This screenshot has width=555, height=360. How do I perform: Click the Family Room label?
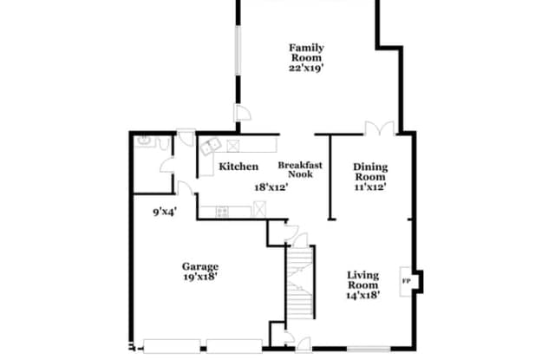pyautogui.click(x=306, y=53)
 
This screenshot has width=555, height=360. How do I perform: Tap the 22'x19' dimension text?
pyautogui.click(x=306, y=68)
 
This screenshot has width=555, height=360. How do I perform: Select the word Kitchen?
pyautogui.click(x=238, y=167)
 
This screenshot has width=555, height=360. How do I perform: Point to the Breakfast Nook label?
pyautogui.click(x=300, y=169)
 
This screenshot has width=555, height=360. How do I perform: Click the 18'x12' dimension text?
pyautogui.click(x=271, y=187)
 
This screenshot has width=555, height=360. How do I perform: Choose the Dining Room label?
pyautogui.click(x=370, y=172)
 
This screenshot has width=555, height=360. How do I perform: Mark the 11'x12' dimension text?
pyautogui.click(x=370, y=187)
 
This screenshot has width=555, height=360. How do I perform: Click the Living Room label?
pyautogui.click(x=363, y=280)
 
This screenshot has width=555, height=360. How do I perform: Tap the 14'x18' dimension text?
pyautogui.click(x=363, y=295)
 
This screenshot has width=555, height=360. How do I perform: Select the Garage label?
pyautogui.click(x=200, y=266)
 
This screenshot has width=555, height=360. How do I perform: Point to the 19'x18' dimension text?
pyautogui.click(x=200, y=277)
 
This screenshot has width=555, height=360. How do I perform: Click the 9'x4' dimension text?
pyautogui.click(x=165, y=212)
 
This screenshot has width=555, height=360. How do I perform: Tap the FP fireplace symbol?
pyautogui.click(x=406, y=281)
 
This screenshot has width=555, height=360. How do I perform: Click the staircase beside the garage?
pyautogui.click(x=300, y=282)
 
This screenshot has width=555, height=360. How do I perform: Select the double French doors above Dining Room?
pyautogui.click(x=380, y=128)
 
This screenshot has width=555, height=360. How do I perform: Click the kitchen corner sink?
pyautogui.click(x=211, y=146)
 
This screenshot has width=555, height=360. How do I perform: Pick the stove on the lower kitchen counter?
pyautogui.click(x=222, y=212)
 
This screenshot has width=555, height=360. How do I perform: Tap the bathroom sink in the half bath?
pyautogui.click(x=144, y=141)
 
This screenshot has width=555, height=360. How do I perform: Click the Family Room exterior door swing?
pyautogui.click(x=243, y=114)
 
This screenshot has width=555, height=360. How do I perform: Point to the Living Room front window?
pyautogui.click(x=369, y=349)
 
